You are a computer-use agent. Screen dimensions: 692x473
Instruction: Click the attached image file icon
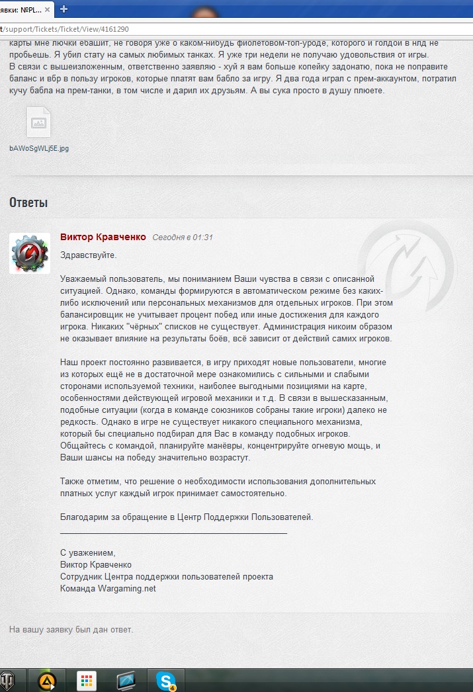click(38, 122)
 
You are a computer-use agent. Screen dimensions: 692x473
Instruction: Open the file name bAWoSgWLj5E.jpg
click(39, 149)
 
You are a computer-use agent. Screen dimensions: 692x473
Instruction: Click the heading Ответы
click(28, 202)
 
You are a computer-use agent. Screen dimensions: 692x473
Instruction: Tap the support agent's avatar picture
click(30, 253)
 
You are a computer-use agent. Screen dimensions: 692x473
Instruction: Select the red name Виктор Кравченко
click(103, 237)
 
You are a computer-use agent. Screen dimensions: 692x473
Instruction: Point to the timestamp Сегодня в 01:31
click(183, 238)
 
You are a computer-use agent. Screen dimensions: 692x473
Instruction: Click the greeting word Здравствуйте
click(88, 255)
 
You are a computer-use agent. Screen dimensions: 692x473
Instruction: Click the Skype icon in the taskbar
click(165, 680)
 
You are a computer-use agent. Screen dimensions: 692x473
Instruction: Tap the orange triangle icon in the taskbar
click(48, 680)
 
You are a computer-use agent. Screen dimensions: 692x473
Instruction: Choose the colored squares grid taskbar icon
click(87, 680)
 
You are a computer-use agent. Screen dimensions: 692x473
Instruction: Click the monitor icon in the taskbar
click(126, 680)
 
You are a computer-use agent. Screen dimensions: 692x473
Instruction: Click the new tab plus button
click(64, 9)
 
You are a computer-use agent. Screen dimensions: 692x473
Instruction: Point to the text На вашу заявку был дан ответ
click(71, 629)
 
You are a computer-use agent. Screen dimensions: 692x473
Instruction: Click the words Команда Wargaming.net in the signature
click(108, 588)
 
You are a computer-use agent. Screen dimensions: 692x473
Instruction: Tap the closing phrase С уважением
click(87, 552)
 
